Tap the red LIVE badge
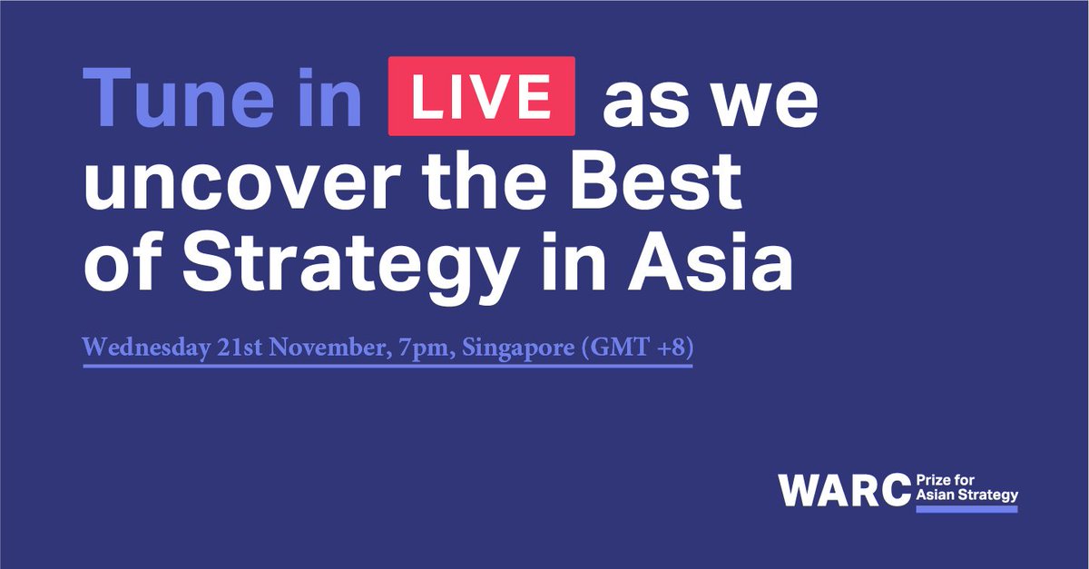coord(481,97)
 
